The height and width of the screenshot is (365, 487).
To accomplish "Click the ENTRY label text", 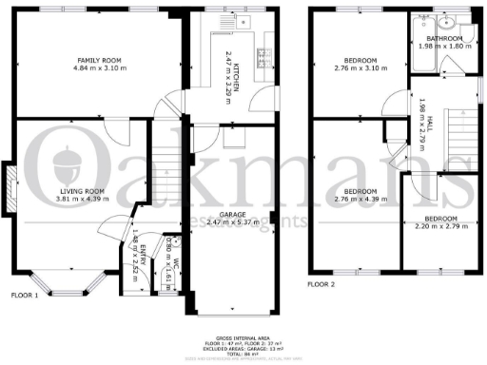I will point(144,250).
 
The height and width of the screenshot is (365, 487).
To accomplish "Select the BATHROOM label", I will point(443,39).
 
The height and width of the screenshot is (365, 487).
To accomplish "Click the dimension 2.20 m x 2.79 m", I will point(438,227).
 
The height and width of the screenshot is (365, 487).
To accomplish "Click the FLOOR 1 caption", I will point(23,295).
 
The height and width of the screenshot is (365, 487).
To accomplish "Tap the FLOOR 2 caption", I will point(321,282).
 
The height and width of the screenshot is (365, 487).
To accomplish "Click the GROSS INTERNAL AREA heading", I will point(243,336).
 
